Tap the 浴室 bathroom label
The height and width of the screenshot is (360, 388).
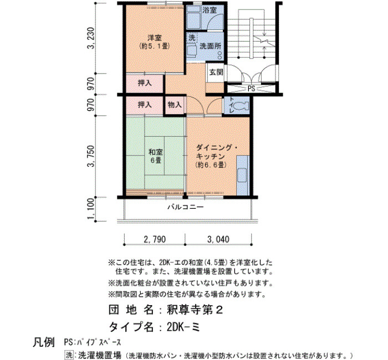pyautogui.click(x=210, y=10)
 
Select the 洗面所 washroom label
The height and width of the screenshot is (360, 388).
pyautogui.click(x=210, y=46)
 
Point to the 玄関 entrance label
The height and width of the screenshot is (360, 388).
pyautogui.click(x=216, y=72)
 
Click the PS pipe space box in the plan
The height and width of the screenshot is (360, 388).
pyautogui.click(x=251, y=88)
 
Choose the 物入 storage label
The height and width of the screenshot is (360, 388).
pyautogui.click(x=175, y=105)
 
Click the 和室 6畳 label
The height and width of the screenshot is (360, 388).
pyautogui.click(x=156, y=156)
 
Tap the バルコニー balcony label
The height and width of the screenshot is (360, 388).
pyautogui.click(x=186, y=207)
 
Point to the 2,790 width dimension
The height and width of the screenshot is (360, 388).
pyautogui.click(x=155, y=239)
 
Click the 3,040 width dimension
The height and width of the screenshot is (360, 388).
pyautogui.click(x=218, y=239)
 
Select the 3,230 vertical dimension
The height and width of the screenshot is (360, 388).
pyautogui.click(x=91, y=38)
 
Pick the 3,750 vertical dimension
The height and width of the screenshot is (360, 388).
pyautogui.click(x=91, y=156)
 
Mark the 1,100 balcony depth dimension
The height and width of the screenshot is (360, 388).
pyautogui.click(x=91, y=209)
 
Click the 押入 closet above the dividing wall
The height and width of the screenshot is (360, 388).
pyautogui.click(x=145, y=83)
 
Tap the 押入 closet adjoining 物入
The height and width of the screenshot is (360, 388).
pyautogui.click(x=145, y=105)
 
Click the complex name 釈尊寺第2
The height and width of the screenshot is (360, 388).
pyautogui.click(x=195, y=310)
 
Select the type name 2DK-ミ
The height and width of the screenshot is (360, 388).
pyautogui.click(x=183, y=327)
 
